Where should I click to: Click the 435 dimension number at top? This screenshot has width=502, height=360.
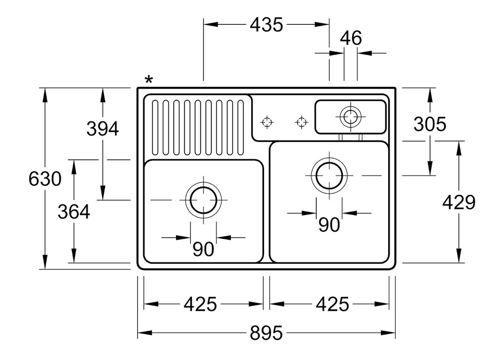[x=266, y=25]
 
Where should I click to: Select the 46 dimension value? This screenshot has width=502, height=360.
[x=351, y=38]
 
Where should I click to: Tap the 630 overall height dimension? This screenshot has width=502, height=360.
[x=45, y=179]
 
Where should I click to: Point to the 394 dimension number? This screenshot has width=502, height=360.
[x=103, y=129]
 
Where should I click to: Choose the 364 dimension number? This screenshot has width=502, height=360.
[x=74, y=212]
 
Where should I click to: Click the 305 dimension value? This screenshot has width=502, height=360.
[x=430, y=124]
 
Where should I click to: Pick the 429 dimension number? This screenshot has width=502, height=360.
[x=459, y=203]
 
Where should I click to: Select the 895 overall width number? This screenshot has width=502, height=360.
[x=266, y=333]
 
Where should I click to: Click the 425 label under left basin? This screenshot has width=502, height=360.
[x=200, y=304]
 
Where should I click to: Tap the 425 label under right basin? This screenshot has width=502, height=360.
[x=332, y=304]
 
